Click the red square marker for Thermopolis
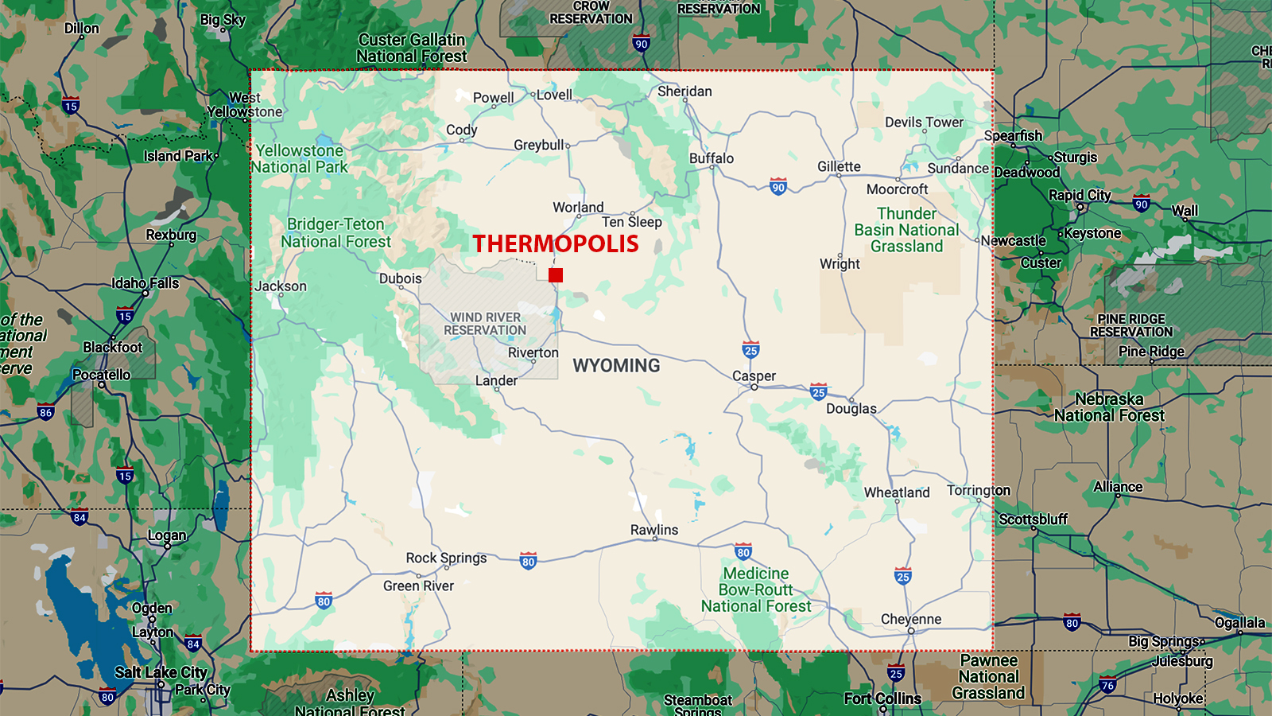point(556,275)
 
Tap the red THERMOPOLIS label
point(556,243)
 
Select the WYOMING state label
point(616,366)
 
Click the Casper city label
point(754,376)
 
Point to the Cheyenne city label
point(911,619)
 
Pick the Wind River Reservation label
point(485,324)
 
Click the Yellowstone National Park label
point(300,159)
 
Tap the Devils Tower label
point(924,123)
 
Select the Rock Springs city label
point(446,558)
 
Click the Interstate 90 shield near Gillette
point(778,187)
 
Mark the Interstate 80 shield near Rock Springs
point(528,561)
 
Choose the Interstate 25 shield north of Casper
point(750,350)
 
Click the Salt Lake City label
point(161,672)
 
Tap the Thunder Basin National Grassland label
point(906,230)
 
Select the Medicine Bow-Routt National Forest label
point(756,590)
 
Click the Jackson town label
point(281,286)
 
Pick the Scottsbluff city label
point(1033,519)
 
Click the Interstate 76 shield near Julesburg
point(1107,684)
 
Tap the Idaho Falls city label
point(145,283)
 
